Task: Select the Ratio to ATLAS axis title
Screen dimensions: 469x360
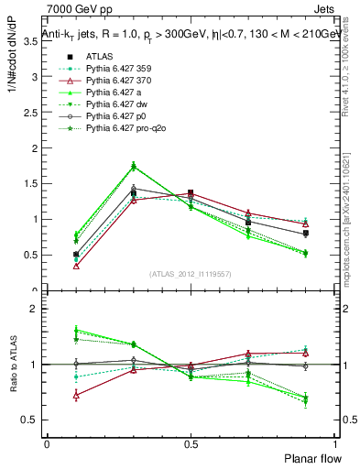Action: pyautogui.click(x=13, y=364)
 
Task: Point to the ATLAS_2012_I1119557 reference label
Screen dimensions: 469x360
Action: pyautogui.click(x=190, y=274)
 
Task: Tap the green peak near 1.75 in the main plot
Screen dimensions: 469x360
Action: pyautogui.click(x=133, y=166)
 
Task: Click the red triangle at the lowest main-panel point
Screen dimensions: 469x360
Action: pyautogui.click(x=75, y=267)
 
